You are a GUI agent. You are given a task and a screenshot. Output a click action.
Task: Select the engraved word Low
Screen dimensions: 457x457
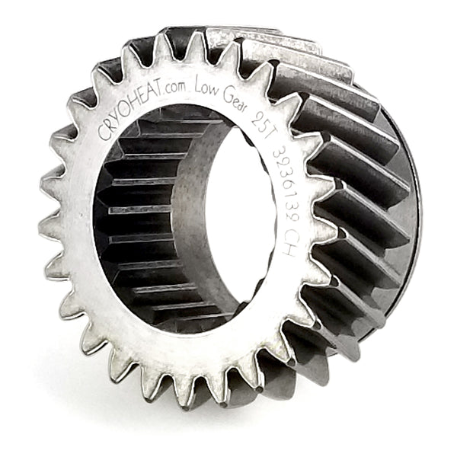click(x=206, y=85)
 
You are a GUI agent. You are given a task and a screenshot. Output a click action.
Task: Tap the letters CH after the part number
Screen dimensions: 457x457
click(x=286, y=245)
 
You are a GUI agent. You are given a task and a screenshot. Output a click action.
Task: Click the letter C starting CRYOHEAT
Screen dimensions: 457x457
click(x=103, y=133)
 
